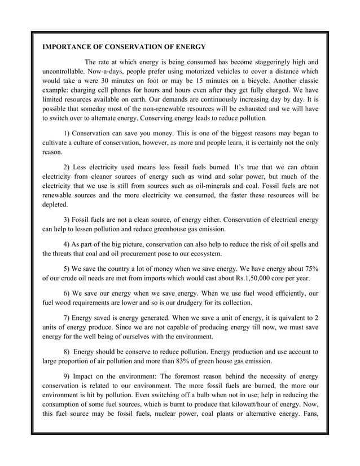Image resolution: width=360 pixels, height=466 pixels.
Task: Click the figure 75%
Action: point(309,269)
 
